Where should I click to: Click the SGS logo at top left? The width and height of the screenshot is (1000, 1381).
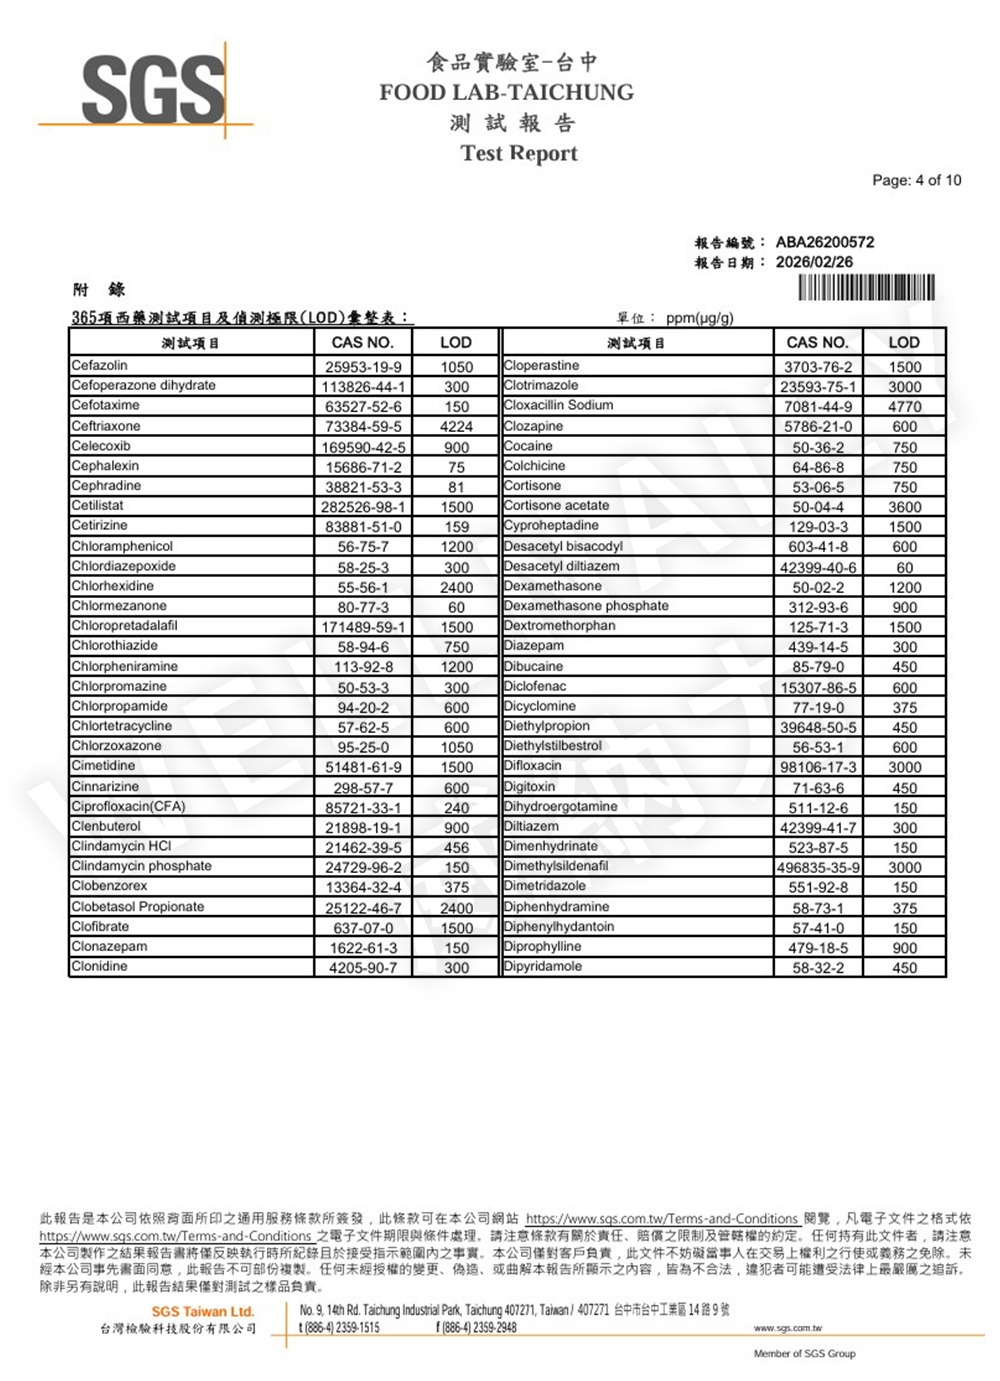click(x=153, y=90)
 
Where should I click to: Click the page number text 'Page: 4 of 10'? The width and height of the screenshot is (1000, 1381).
click(x=916, y=180)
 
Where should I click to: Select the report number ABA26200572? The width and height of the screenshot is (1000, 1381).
click(x=824, y=242)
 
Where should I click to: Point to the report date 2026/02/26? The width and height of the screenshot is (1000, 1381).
click(x=814, y=262)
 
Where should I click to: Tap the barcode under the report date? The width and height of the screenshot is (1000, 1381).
click(x=867, y=288)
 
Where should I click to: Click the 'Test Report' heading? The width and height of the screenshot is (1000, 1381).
click(x=519, y=153)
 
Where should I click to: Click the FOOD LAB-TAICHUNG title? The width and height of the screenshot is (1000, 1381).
click(x=506, y=93)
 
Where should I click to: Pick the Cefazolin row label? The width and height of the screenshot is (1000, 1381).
click(x=100, y=366)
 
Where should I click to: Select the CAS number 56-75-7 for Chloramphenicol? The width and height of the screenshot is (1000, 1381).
click(x=362, y=547)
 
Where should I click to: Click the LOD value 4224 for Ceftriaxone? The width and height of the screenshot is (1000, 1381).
click(x=456, y=427)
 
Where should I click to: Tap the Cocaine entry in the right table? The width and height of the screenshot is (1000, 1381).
click(x=528, y=446)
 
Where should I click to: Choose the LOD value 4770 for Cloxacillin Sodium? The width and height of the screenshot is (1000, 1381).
click(x=904, y=407)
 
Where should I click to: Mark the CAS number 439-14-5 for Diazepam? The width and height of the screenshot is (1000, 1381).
click(x=818, y=647)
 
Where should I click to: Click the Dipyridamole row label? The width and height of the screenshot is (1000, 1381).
click(x=543, y=967)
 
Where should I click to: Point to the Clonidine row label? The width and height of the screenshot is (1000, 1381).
click(x=99, y=967)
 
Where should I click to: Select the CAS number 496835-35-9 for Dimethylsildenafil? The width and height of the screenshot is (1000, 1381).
click(x=818, y=868)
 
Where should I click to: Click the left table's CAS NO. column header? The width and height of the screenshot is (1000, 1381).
click(x=362, y=342)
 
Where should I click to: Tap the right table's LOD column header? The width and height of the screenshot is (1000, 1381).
click(x=904, y=342)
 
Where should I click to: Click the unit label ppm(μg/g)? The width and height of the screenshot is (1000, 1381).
click(x=699, y=318)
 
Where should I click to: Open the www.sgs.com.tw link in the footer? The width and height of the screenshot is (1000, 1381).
click(x=787, y=1328)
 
